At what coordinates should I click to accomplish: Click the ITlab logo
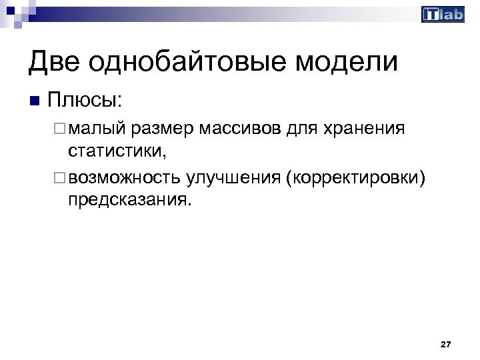pos(443,15)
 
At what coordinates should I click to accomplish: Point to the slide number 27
pos(446,345)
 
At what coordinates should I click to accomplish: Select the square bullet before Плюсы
pos(35,101)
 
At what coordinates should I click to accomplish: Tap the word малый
pos(96,127)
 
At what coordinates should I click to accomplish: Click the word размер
pos(161,127)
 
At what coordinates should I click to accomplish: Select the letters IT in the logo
pos(431,15)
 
